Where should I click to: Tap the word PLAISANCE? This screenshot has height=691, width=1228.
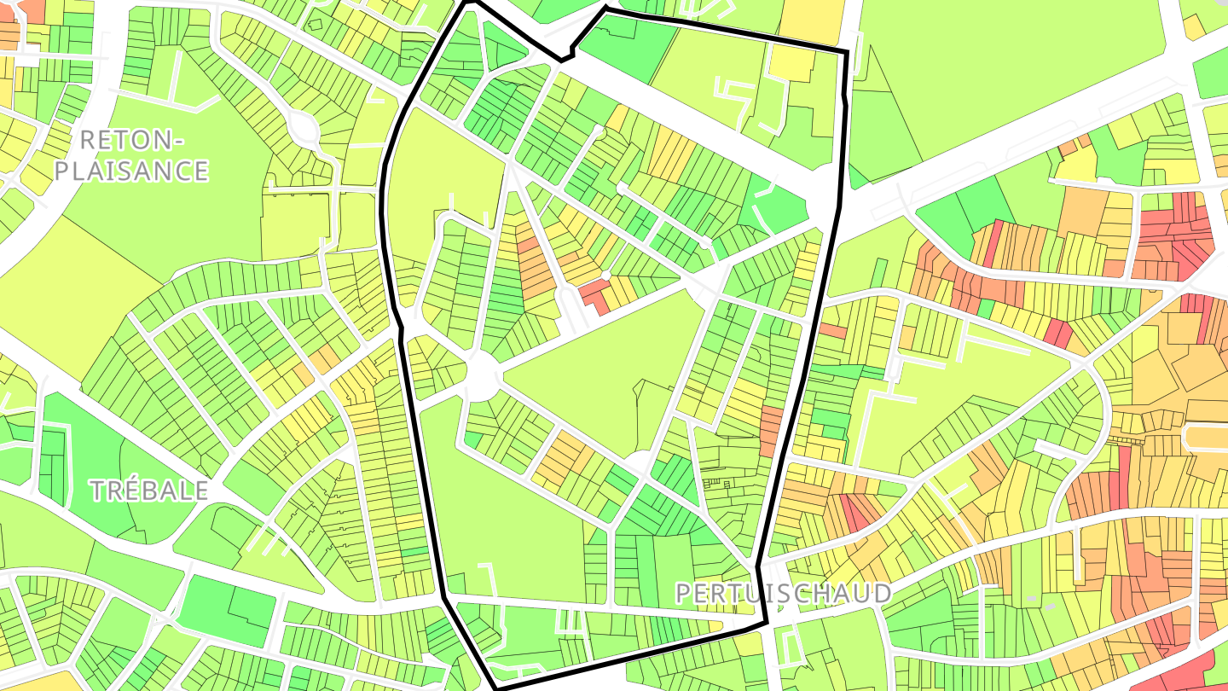[131, 171]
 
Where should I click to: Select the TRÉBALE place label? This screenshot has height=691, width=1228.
[149, 491]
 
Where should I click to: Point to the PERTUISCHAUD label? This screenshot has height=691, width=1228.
[783, 593]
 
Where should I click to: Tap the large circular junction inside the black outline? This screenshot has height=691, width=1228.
[482, 374]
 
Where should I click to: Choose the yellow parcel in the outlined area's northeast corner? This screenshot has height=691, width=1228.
[792, 64]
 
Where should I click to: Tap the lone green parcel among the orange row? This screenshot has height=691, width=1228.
[986, 309]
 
